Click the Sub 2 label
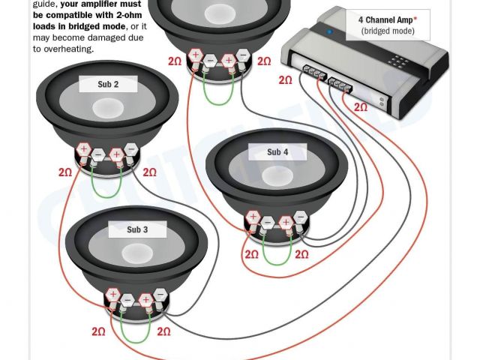[x=108, y=85]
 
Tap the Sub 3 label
[x=138, y=229]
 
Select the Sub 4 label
[x=277, y=152]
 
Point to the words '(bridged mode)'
[x=386, y=31]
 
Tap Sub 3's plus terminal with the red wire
[x=112, y=295]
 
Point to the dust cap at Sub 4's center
[x=277, y=175]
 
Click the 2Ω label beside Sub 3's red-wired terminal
[x=98, y=331]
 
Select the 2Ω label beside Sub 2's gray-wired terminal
[x=150, y=172]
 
